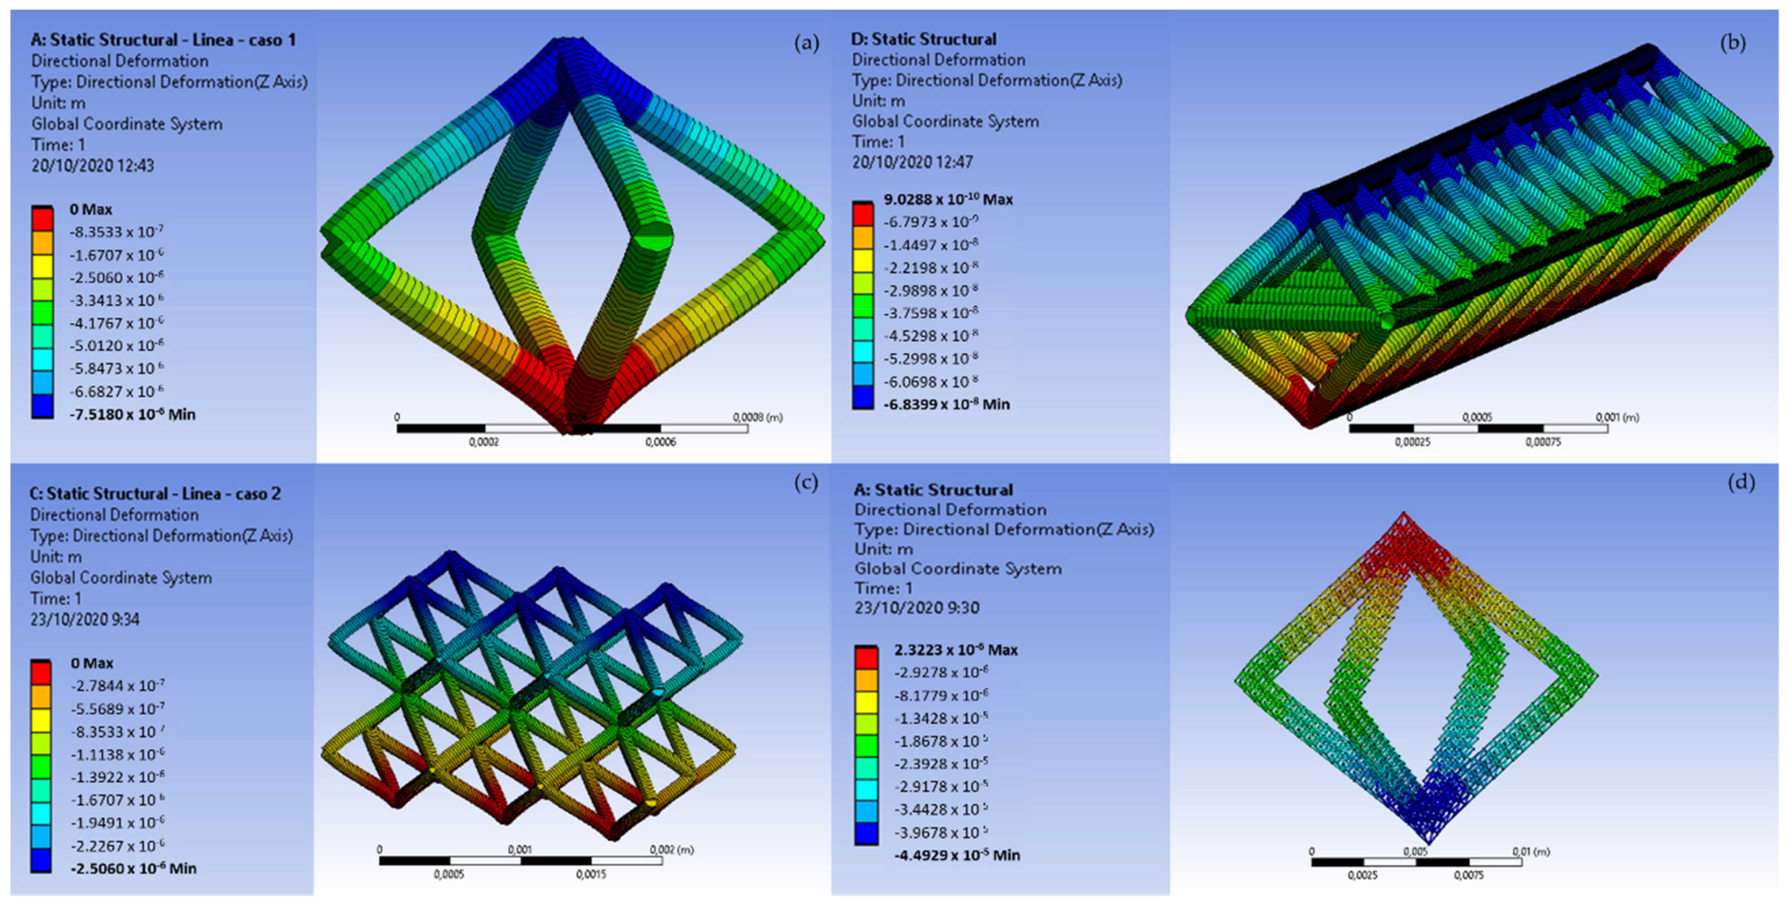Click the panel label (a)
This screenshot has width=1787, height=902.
[806, 44]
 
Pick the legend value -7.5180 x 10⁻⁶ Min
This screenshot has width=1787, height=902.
[132, 414]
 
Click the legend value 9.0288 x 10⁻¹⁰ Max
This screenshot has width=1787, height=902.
[947, 199]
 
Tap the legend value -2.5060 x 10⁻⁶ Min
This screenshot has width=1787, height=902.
[133, 868]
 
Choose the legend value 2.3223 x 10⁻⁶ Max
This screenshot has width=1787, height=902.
[956, 650]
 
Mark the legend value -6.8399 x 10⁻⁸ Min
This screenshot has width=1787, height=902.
[946, 404]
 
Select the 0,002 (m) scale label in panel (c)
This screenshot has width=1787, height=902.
[671, 849]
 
